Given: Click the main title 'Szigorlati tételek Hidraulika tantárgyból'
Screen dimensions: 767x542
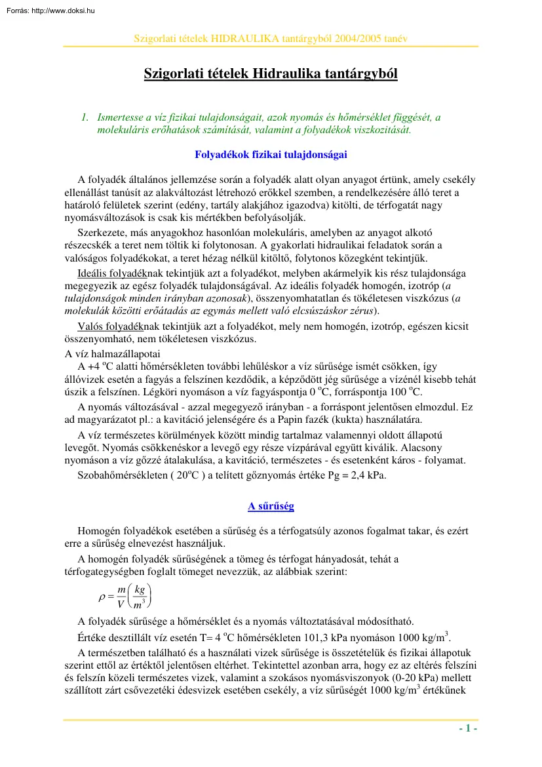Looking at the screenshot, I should [271, 73].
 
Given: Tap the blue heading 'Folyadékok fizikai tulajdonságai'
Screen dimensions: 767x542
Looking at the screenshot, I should [271, 155].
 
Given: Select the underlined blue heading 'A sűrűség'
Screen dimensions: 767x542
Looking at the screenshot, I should [271, 506].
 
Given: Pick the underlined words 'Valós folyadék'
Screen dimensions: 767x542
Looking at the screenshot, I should [105, 326].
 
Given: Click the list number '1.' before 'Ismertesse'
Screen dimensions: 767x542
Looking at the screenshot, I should [84, 117].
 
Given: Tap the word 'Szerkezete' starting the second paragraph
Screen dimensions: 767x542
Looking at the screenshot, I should [100, 233].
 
